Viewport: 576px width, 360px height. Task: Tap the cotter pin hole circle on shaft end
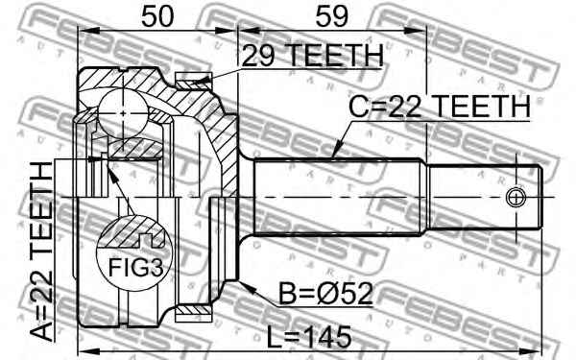click(x=516, y=199)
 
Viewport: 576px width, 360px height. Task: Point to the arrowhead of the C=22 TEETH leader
click(x=333, y=156)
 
